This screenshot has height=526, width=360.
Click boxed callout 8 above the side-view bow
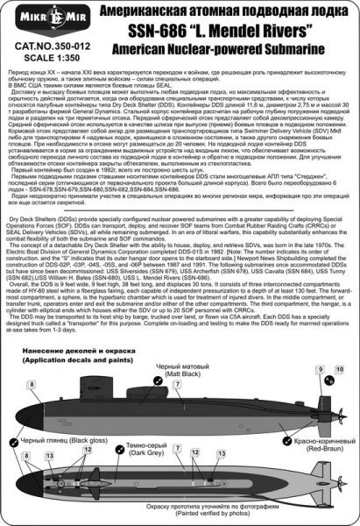pyautogui.click(x=32, y=383)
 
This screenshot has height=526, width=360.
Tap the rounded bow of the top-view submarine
pyautogui.click(x=19, y=479)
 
